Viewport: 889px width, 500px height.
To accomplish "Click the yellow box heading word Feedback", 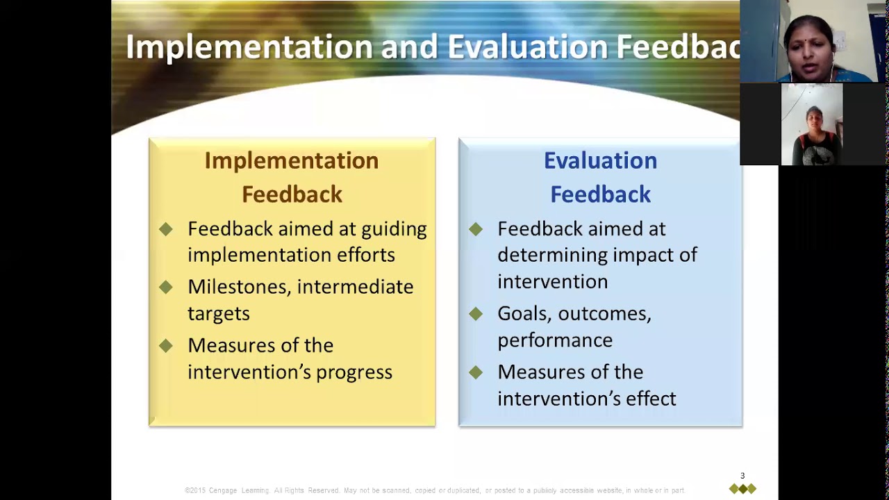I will point(292,194).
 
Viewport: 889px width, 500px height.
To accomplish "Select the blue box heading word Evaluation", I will point(600,160).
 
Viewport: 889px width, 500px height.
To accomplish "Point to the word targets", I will point(218,314).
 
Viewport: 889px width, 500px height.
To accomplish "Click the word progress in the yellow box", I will point(354,373).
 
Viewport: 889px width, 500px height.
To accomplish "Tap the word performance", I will point(554,340).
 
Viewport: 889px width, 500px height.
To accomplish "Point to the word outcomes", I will point(604,314).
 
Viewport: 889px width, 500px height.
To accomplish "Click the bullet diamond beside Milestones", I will point(165,287).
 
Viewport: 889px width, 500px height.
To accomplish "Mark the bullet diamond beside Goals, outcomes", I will point(475,314).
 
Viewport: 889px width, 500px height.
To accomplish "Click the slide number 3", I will point(742,476).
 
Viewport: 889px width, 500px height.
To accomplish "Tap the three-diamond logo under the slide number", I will point(742,489).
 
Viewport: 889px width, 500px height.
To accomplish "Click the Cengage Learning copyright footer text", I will point(434,490).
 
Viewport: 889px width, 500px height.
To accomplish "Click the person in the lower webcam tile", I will point(813,128).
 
